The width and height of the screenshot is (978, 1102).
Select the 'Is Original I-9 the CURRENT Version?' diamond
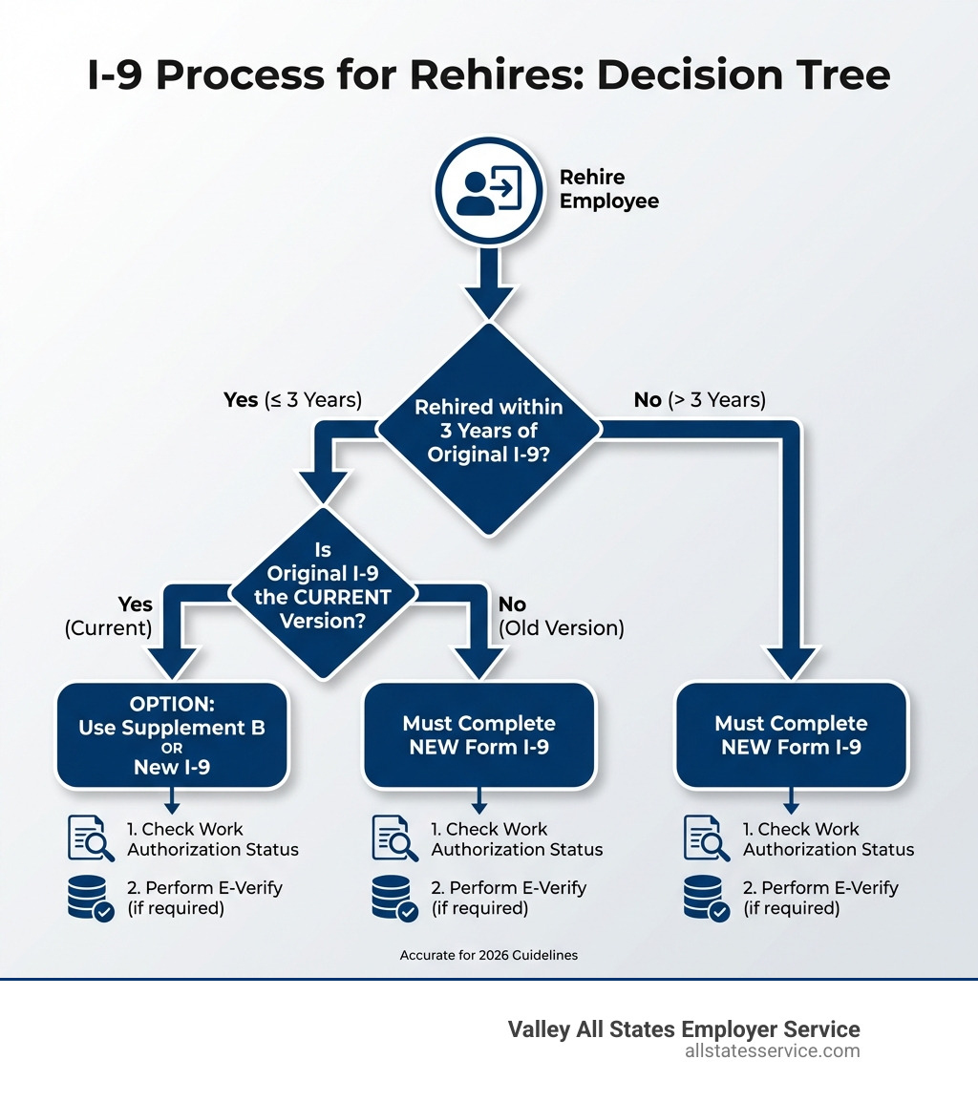(x=325, y=586)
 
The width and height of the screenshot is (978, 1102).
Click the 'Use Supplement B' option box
(x=172, y=734)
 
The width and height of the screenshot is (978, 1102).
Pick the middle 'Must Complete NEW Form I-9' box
(x=478, y=734)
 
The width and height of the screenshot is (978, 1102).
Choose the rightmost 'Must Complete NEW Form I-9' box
(x=791, y=734)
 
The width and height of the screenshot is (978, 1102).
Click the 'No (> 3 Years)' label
(x=699, y=400)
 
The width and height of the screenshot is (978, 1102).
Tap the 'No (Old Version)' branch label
(x=561, y=617)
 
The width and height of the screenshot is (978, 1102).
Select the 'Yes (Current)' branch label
(x=109, y=617)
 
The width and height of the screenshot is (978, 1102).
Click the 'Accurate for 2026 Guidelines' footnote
(x=489, y=955)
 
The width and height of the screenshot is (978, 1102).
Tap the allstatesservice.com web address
(x=772, y=1051)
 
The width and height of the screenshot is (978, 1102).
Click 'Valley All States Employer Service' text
(x=683, y=1029)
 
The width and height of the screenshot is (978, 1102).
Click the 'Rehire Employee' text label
(x=608, y=189)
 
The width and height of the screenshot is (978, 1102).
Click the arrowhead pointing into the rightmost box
(x=791, y=663)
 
